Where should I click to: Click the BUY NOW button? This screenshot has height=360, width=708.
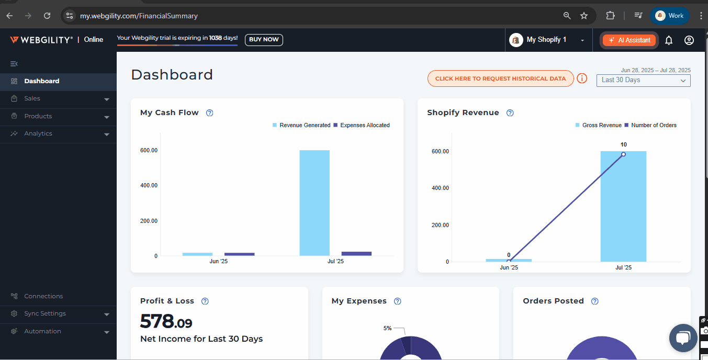(264, 40)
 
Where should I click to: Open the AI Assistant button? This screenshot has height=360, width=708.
(629, 40)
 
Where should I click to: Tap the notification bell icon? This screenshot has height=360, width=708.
(668, 40)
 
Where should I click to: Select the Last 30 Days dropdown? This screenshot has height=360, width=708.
(643, 81)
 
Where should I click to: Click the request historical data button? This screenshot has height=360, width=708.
(500, 78)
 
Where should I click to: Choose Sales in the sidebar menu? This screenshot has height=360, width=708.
(32, 99)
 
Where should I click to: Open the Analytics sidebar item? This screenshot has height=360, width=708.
(38, 134)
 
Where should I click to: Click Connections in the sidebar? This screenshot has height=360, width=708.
(43, 296)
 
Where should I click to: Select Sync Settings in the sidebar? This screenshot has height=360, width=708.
(45, 314)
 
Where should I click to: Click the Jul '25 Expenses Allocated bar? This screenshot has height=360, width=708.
(356, 254)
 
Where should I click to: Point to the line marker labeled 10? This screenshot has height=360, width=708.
(623, 154)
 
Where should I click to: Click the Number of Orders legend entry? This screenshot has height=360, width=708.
(654, 126)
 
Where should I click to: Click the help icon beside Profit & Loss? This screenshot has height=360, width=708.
(205, 301)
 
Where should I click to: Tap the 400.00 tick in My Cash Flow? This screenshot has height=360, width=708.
(149, 186)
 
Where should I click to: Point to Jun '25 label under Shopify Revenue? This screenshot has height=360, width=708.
(509, 267)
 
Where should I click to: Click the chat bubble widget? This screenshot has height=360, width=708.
(683, 338)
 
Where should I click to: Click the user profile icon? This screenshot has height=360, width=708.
(689, 40)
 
